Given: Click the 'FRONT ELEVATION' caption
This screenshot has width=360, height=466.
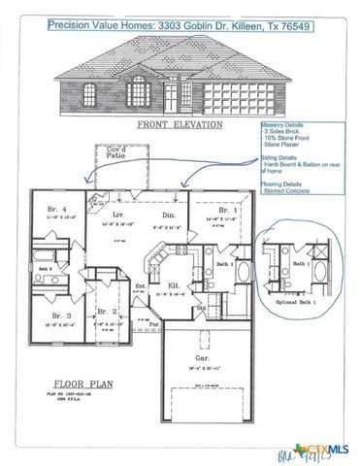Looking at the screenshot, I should [x=179, y=124].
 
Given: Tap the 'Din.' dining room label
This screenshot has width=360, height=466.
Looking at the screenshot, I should [x=168, y=215].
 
